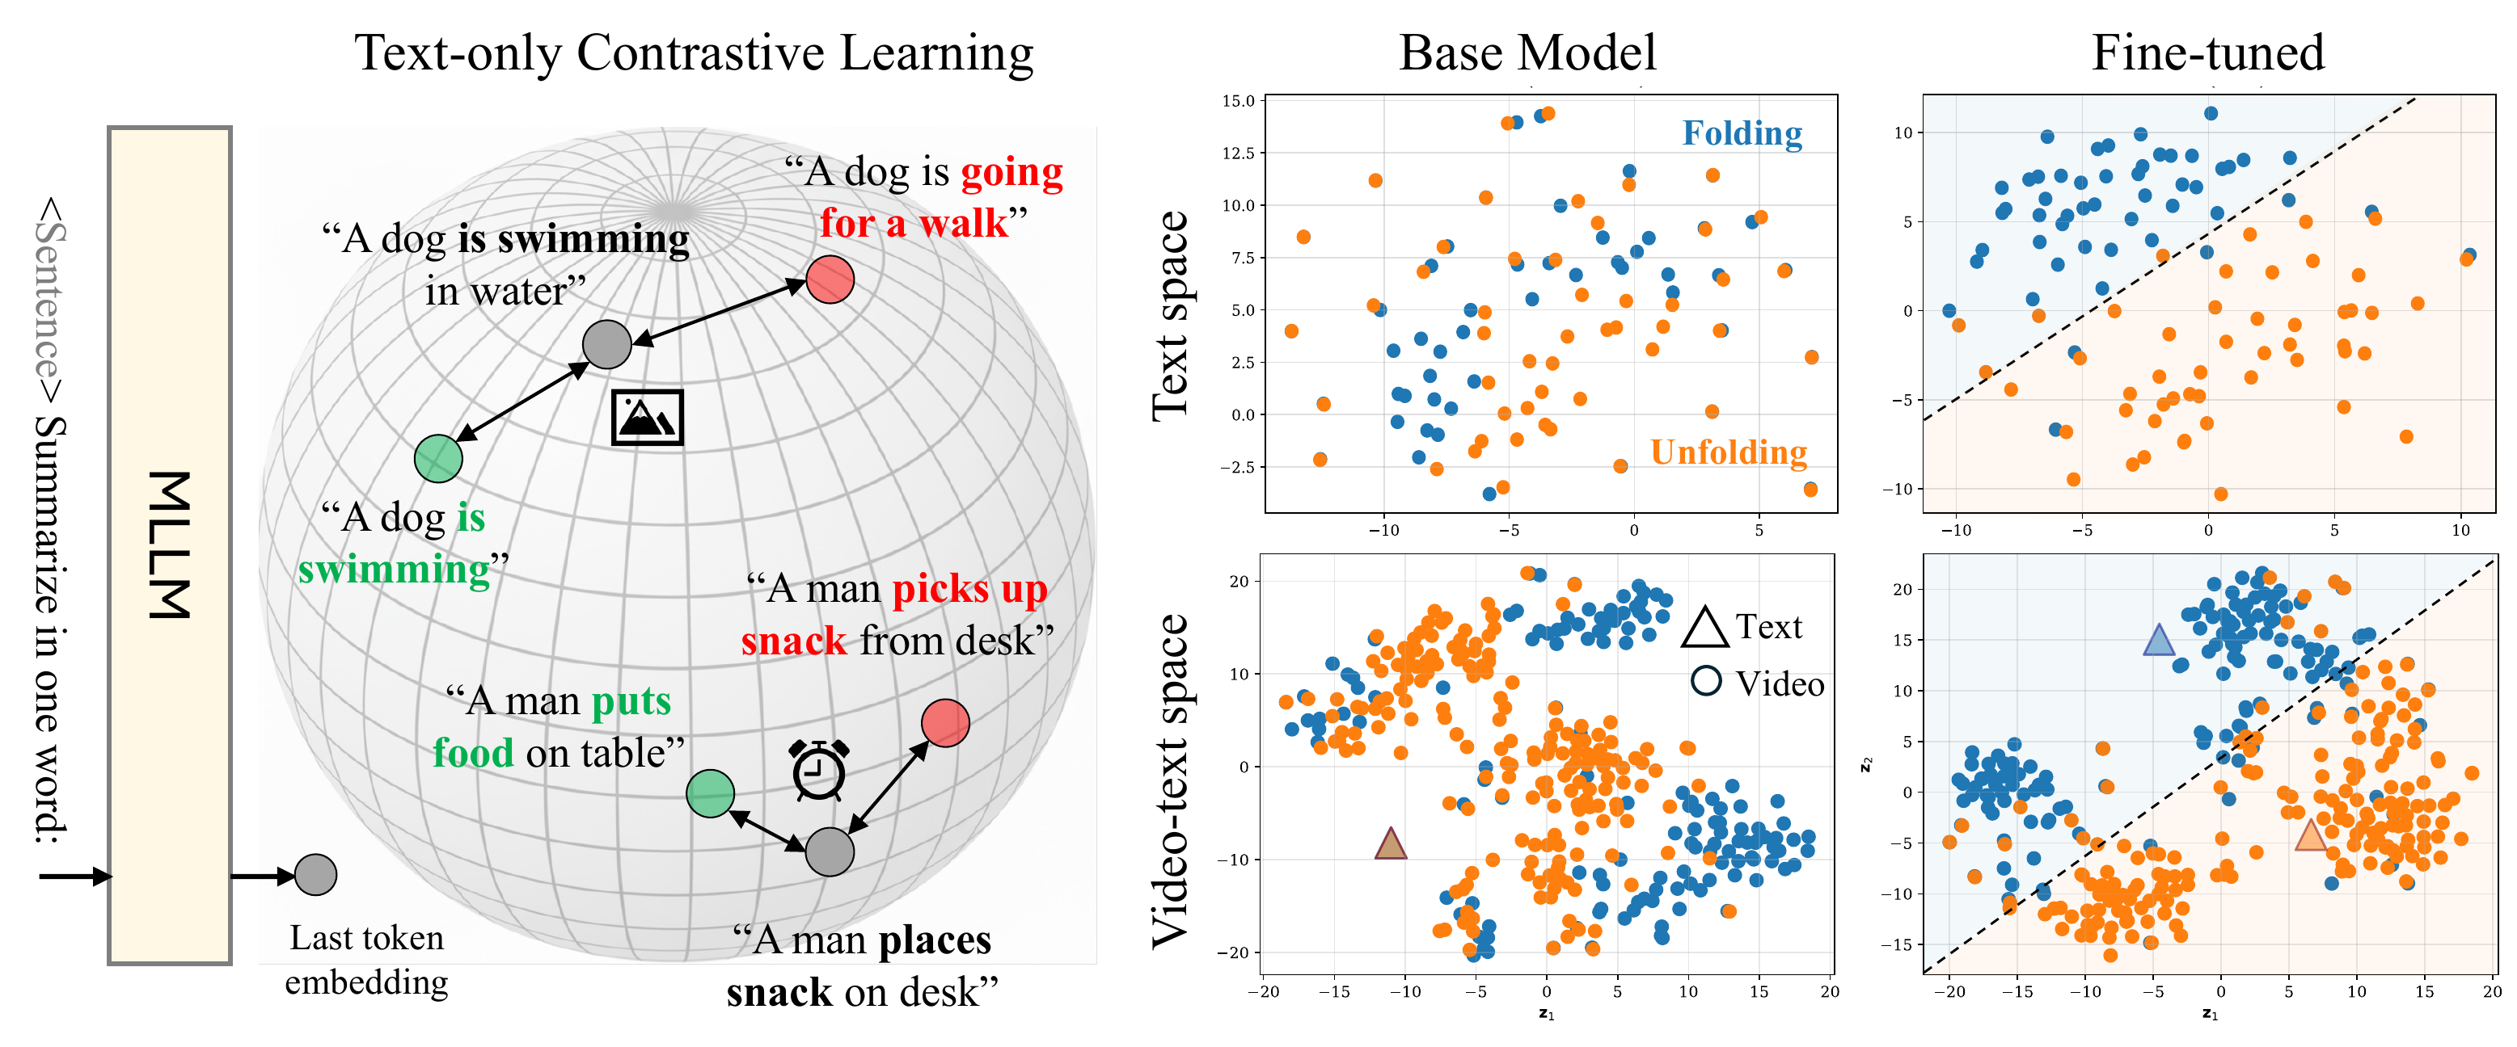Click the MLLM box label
tap(169, 545)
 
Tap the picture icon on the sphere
tap(647, 417)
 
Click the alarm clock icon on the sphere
tap(819, 771)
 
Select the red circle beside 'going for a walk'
tap(830, 280)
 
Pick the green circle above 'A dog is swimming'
tap(437, 458)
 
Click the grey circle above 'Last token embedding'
tap(315, 874)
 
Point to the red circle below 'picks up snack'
tap(945, 723)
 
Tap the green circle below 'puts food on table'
tap(711, 793)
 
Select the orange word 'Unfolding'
tap(1728, 452)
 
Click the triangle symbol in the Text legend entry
tap(1705, 627)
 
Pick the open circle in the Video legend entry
tap(1706, 681)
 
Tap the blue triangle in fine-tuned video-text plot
tap(2157, 641)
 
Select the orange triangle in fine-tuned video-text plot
tap(2309, 836)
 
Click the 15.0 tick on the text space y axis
tap(1238, 101)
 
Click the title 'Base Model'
tap(1527, 53)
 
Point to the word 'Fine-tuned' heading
tap(2207, 53)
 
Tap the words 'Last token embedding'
tap(366, 959)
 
